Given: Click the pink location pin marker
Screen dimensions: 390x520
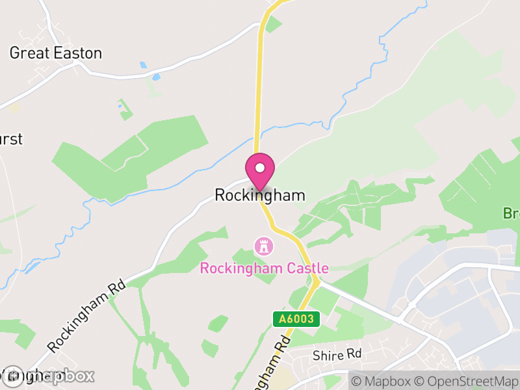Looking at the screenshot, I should click(x=260, y=171).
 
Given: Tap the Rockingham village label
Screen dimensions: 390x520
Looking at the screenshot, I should click(x=260, y=195).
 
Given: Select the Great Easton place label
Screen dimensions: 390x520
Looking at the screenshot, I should click(x=56, y=53).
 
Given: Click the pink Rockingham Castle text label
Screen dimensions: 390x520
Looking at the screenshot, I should click(x=264, y=268).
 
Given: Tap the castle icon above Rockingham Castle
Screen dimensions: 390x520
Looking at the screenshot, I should click(x=264, y=246).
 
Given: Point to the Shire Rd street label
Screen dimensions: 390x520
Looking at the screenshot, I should click(x=336, y=355).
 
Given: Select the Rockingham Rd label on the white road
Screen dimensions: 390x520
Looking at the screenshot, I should click(x=86, y=316).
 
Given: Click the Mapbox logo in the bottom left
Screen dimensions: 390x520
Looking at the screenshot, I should click(x=49, y=376).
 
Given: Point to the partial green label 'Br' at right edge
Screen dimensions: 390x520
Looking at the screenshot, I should click(x=511, y=213).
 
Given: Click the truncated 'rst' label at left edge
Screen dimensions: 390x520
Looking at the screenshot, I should click(x=11, y=138).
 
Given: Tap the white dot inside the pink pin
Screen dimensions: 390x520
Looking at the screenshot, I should click(x=260, y=168).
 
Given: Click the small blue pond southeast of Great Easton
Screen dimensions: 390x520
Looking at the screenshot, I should click(x=155, y=77).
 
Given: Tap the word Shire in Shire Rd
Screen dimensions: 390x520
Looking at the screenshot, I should click(x=328, y=355).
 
